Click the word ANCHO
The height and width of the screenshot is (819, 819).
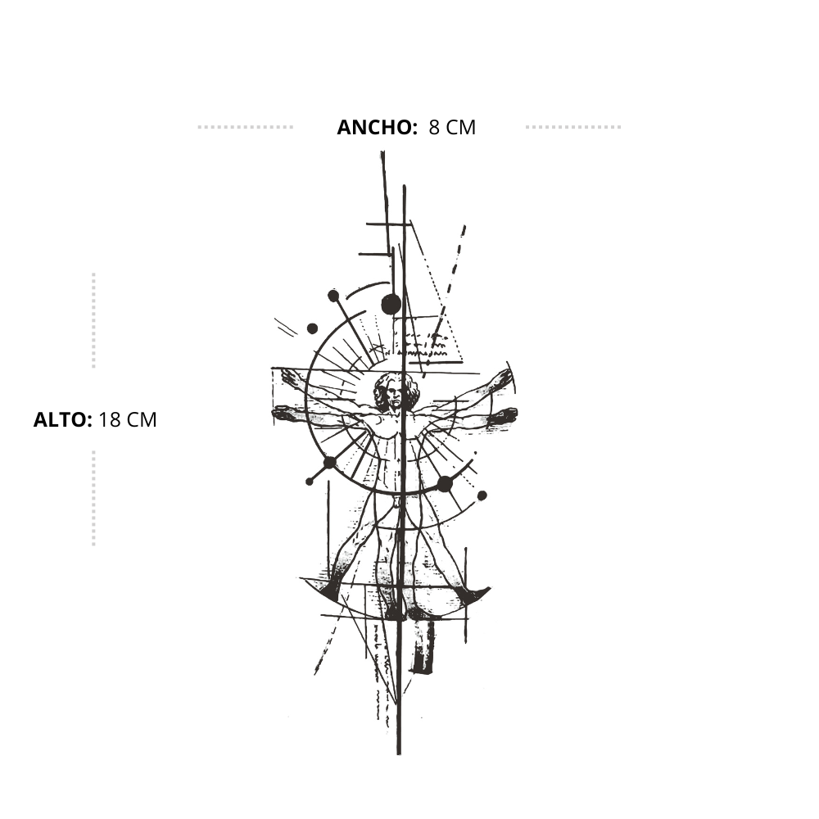pyautogui.click(x=377, y=128)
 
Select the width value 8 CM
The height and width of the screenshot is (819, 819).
pyautogui.click(x=452, y=128)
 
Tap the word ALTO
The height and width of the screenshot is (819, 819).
pyautogui.click(x=63, y=420)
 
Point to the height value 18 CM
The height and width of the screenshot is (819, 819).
pyautogui.click(x=128, y=420)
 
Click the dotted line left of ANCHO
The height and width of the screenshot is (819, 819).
pyautogui.click(x=246, y=127)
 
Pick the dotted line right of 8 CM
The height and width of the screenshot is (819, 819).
pyautogui.click(x=573, y=127)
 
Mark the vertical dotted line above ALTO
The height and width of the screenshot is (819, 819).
pyautogui.click(x=93, y=320)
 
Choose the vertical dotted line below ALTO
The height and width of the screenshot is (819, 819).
pyautogui.click(x=93, y=498)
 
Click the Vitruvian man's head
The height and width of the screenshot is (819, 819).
pyautogui.click(x=396, y=391)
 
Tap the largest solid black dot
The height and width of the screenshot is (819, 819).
pyautogui.click(x=391, y=304)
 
